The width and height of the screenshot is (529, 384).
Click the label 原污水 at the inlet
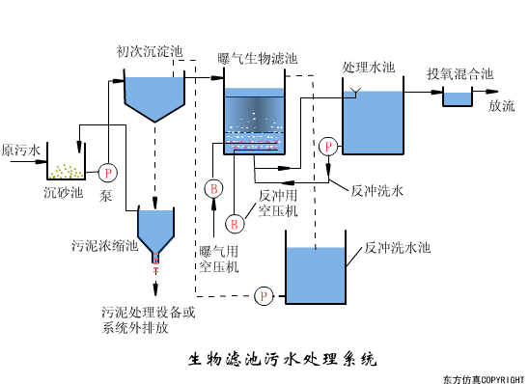(21, 151)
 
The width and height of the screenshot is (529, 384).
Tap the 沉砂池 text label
(64, 192)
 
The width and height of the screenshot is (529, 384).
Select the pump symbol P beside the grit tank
(107, 172)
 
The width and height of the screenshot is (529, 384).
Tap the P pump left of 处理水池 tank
(329, 146)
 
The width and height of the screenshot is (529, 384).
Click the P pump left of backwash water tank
(263, 294)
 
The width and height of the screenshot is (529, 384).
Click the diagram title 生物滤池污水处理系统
(281, 360)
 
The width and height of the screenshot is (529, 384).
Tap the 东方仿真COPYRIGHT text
(484, 377)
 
